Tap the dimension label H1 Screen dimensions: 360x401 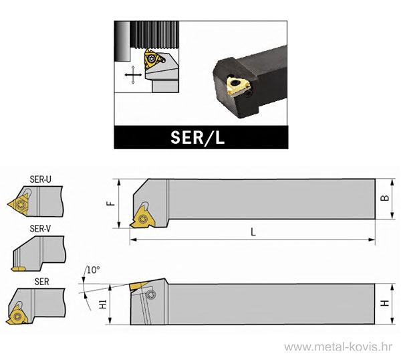[x=103, y=305]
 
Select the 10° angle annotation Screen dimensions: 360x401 [x=93, y=270]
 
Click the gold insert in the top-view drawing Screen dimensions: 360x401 [x=142, y=215]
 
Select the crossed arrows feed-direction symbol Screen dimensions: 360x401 [x=134, y=75]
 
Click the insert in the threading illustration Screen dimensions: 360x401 [x=152, y=60]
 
